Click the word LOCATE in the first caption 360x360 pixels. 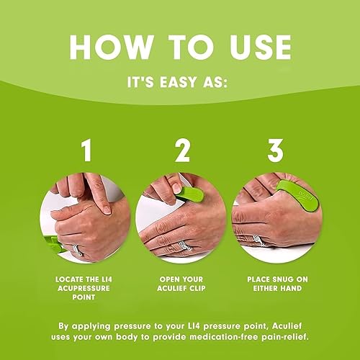click(68, 277)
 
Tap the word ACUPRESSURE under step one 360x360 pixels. click(86, 287)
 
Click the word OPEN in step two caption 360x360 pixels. click(168, 277)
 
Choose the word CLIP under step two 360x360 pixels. click(199, 287)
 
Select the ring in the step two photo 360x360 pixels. click(186, 245)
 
